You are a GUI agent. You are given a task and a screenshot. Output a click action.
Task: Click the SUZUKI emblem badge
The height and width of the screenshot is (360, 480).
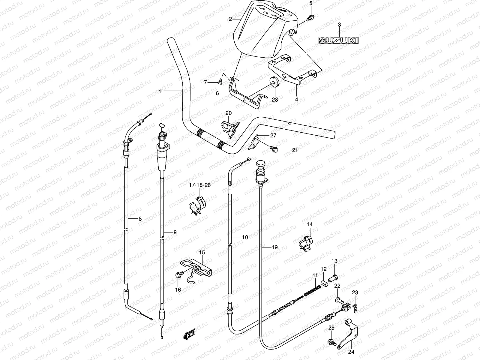click(x=338, y=40)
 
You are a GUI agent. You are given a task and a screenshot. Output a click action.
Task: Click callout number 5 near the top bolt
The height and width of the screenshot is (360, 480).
click(x=310, y=3)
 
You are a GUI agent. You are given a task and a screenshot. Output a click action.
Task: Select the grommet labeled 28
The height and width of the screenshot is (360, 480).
click(x=274, y=82)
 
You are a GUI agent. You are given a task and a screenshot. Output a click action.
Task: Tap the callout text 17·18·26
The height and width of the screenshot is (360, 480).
click(x=199, y=185)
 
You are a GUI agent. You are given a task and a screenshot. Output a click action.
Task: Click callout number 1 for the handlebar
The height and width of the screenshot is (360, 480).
click(x=160, y=91)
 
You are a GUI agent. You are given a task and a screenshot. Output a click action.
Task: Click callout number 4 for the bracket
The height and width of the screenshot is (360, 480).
click(x=296, y=99)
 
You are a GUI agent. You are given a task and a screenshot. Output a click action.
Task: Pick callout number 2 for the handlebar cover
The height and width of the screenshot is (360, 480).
click(x=230, y=19)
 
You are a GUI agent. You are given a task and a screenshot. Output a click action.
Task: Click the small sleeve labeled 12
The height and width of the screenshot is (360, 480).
click(x=323, y=283)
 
